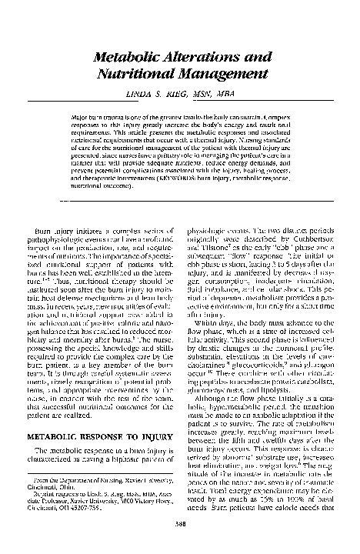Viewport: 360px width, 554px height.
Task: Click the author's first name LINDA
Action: (149, 94)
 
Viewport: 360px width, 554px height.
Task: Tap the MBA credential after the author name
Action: (228, 94)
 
